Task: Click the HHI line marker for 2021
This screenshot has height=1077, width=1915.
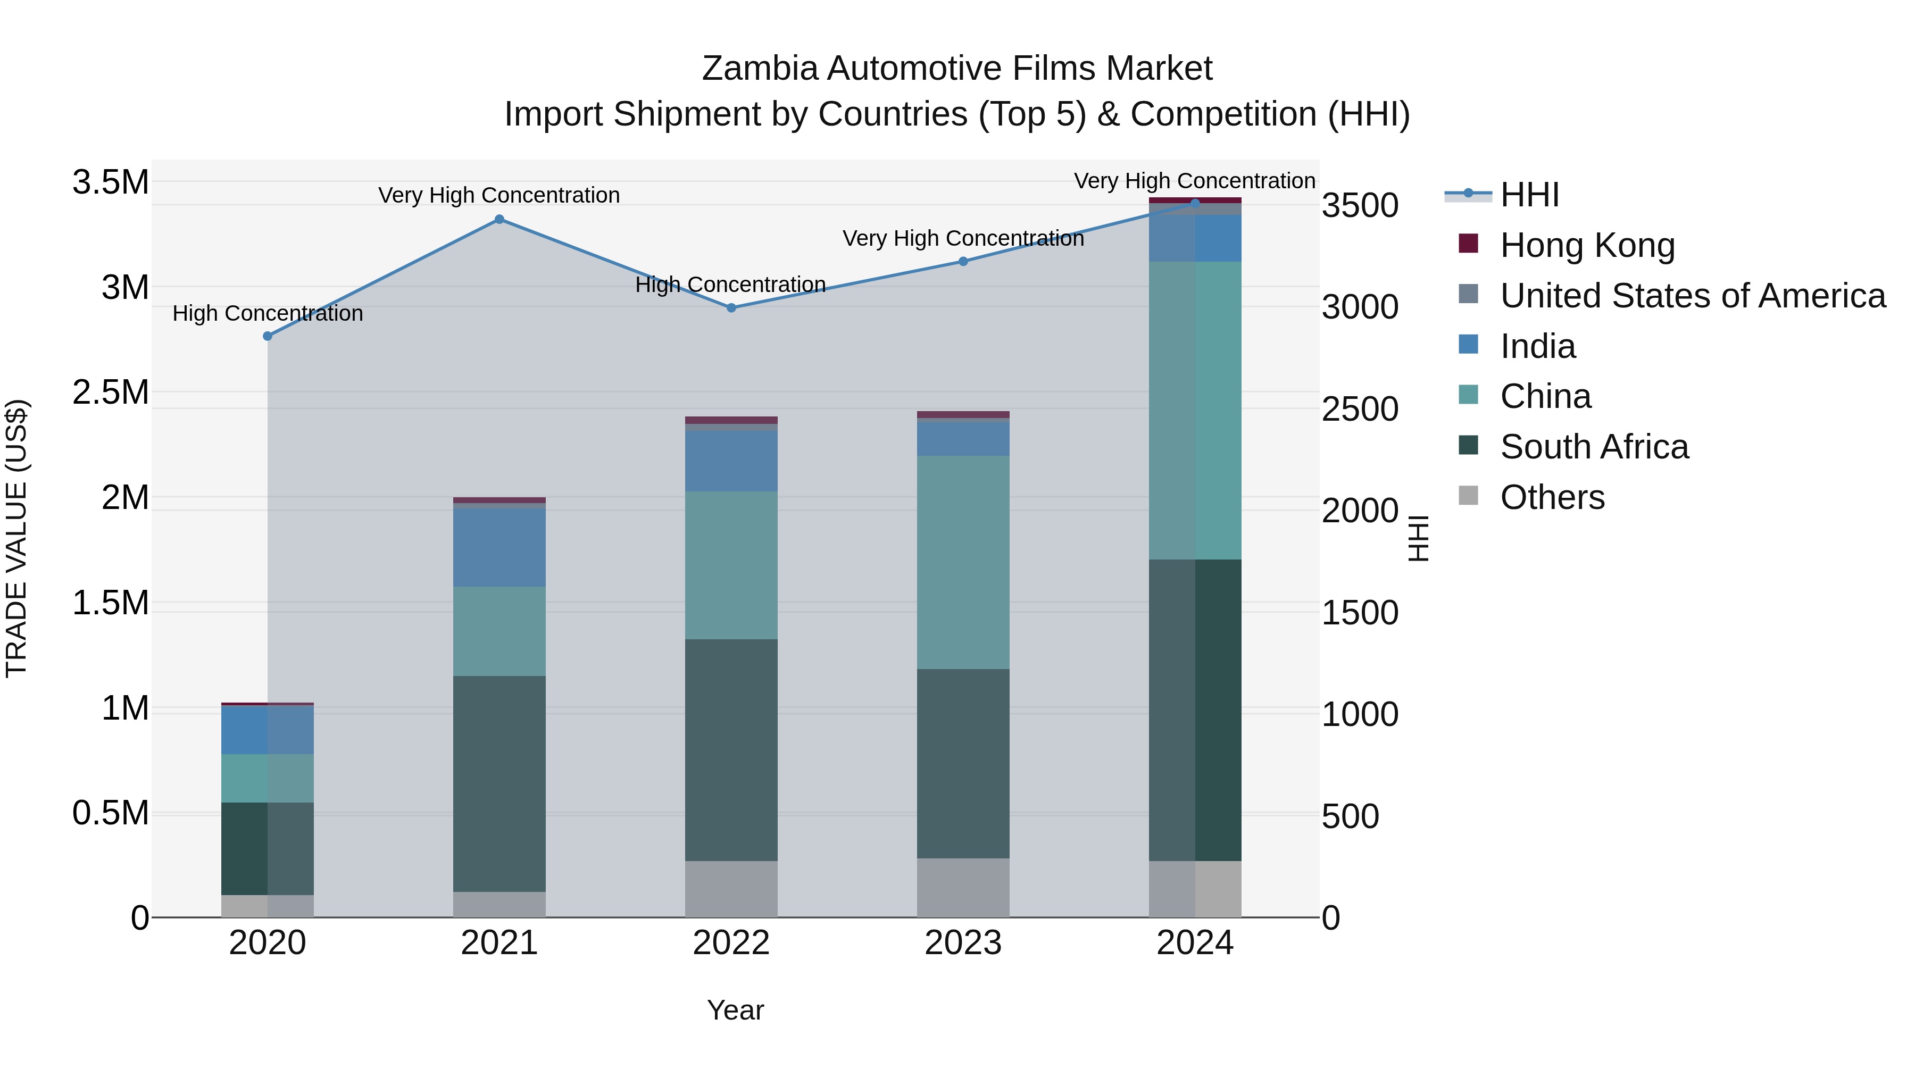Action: pyautogui.click(x=499, y=219)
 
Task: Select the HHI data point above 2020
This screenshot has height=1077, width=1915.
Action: pyautogui.click(x=268, y=336)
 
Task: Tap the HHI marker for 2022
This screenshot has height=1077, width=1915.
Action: pyautogui.click(x=731, y=308)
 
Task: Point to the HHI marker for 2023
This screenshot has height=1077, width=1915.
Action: pyautogui.click(x=963, y=262)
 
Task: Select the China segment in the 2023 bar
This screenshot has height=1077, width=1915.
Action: pyautogui.click(x=963, y=562)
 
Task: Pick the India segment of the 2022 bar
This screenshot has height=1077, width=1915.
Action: pyautogui.click(x=731, y=461)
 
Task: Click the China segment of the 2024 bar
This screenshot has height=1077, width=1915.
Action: pyautogui.click(x=1195, y=410)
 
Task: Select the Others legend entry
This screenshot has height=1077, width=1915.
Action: pyautogui.click(x=1552, y=497)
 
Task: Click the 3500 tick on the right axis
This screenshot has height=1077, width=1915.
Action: pyautogui.click(x=1360, y=206)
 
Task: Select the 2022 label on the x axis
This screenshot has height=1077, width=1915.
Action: pyautogui.click(x=731, y=943)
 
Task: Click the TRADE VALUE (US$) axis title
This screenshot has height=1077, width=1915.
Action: pyautogui.click(x=16, y=538)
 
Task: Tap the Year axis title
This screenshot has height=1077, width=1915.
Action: pyautogui.click(x=735, y=1010)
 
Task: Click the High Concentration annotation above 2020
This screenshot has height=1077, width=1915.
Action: pyautogui.click(x=268, y=314)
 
